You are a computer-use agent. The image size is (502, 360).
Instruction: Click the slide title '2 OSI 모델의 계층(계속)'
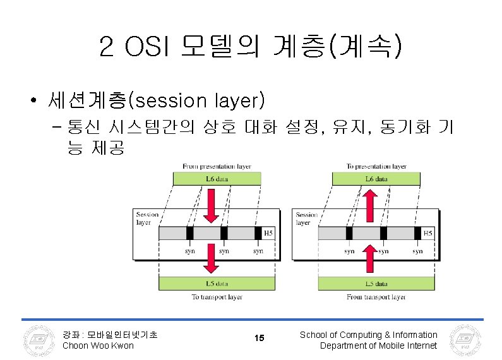(250, 46)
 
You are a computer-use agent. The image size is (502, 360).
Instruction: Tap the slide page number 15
(259, 339)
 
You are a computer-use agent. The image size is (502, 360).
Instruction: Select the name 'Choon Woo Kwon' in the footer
(98, 345)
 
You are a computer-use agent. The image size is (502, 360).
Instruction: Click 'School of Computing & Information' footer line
(368, 335)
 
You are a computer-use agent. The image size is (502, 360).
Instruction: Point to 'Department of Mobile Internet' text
(378, 345)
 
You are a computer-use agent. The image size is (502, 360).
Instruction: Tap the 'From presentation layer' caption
(217, 167)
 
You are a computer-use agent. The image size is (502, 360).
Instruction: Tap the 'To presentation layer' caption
(376, 167)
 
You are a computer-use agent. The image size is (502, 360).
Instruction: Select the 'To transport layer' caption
(217, 296)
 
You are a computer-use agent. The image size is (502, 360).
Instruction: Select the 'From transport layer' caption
(376, 296)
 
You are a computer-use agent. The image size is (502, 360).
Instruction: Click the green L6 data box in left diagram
(217, 179)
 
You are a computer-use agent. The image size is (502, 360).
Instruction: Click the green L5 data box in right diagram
(376, 284)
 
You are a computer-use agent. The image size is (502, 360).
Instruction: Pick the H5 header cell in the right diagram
(428, 233)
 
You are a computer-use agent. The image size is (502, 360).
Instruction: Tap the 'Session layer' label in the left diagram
(146, 219)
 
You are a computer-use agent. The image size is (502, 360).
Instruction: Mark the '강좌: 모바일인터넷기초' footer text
(110, 335)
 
